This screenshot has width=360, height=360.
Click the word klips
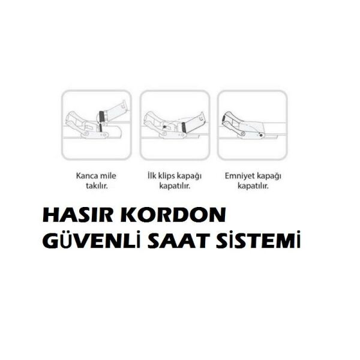pyautogui.click(x=170, y=176)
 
